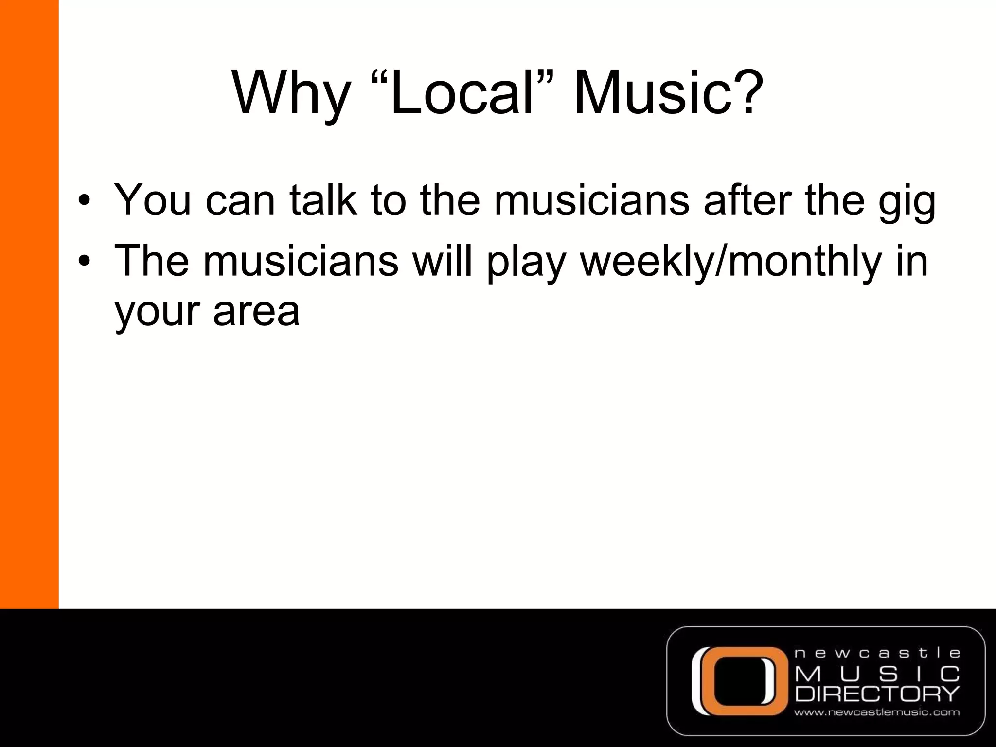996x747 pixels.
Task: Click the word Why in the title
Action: [x=291, y=93]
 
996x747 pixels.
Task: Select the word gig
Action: [x=907, y=201]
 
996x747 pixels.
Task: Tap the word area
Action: [x=256, y=311]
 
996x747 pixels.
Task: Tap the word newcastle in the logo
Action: [x=877, y=653]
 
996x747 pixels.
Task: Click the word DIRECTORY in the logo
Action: [x=877, y=694]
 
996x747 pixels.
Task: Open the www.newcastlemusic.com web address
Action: [x=877, y=713]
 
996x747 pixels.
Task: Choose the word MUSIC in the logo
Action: [x=877, y=674]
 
